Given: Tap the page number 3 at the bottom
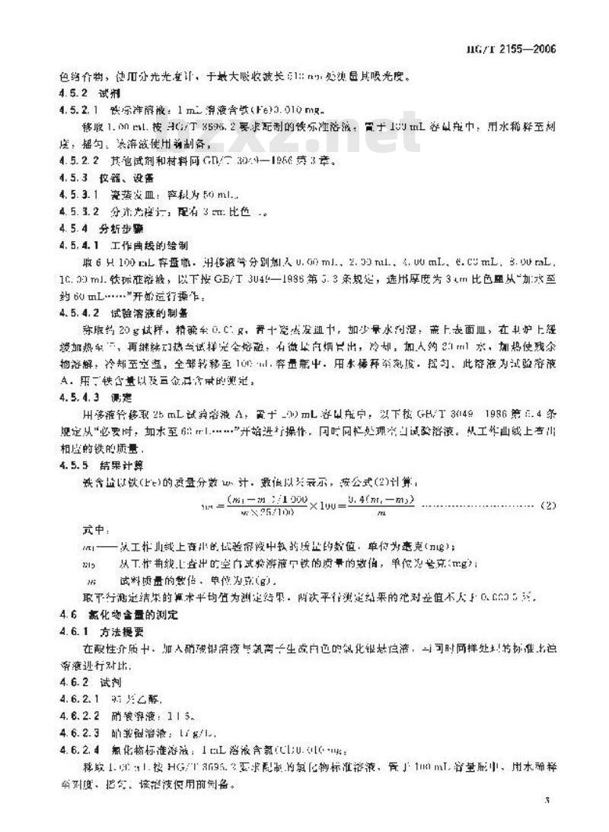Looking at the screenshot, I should [548, 801].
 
